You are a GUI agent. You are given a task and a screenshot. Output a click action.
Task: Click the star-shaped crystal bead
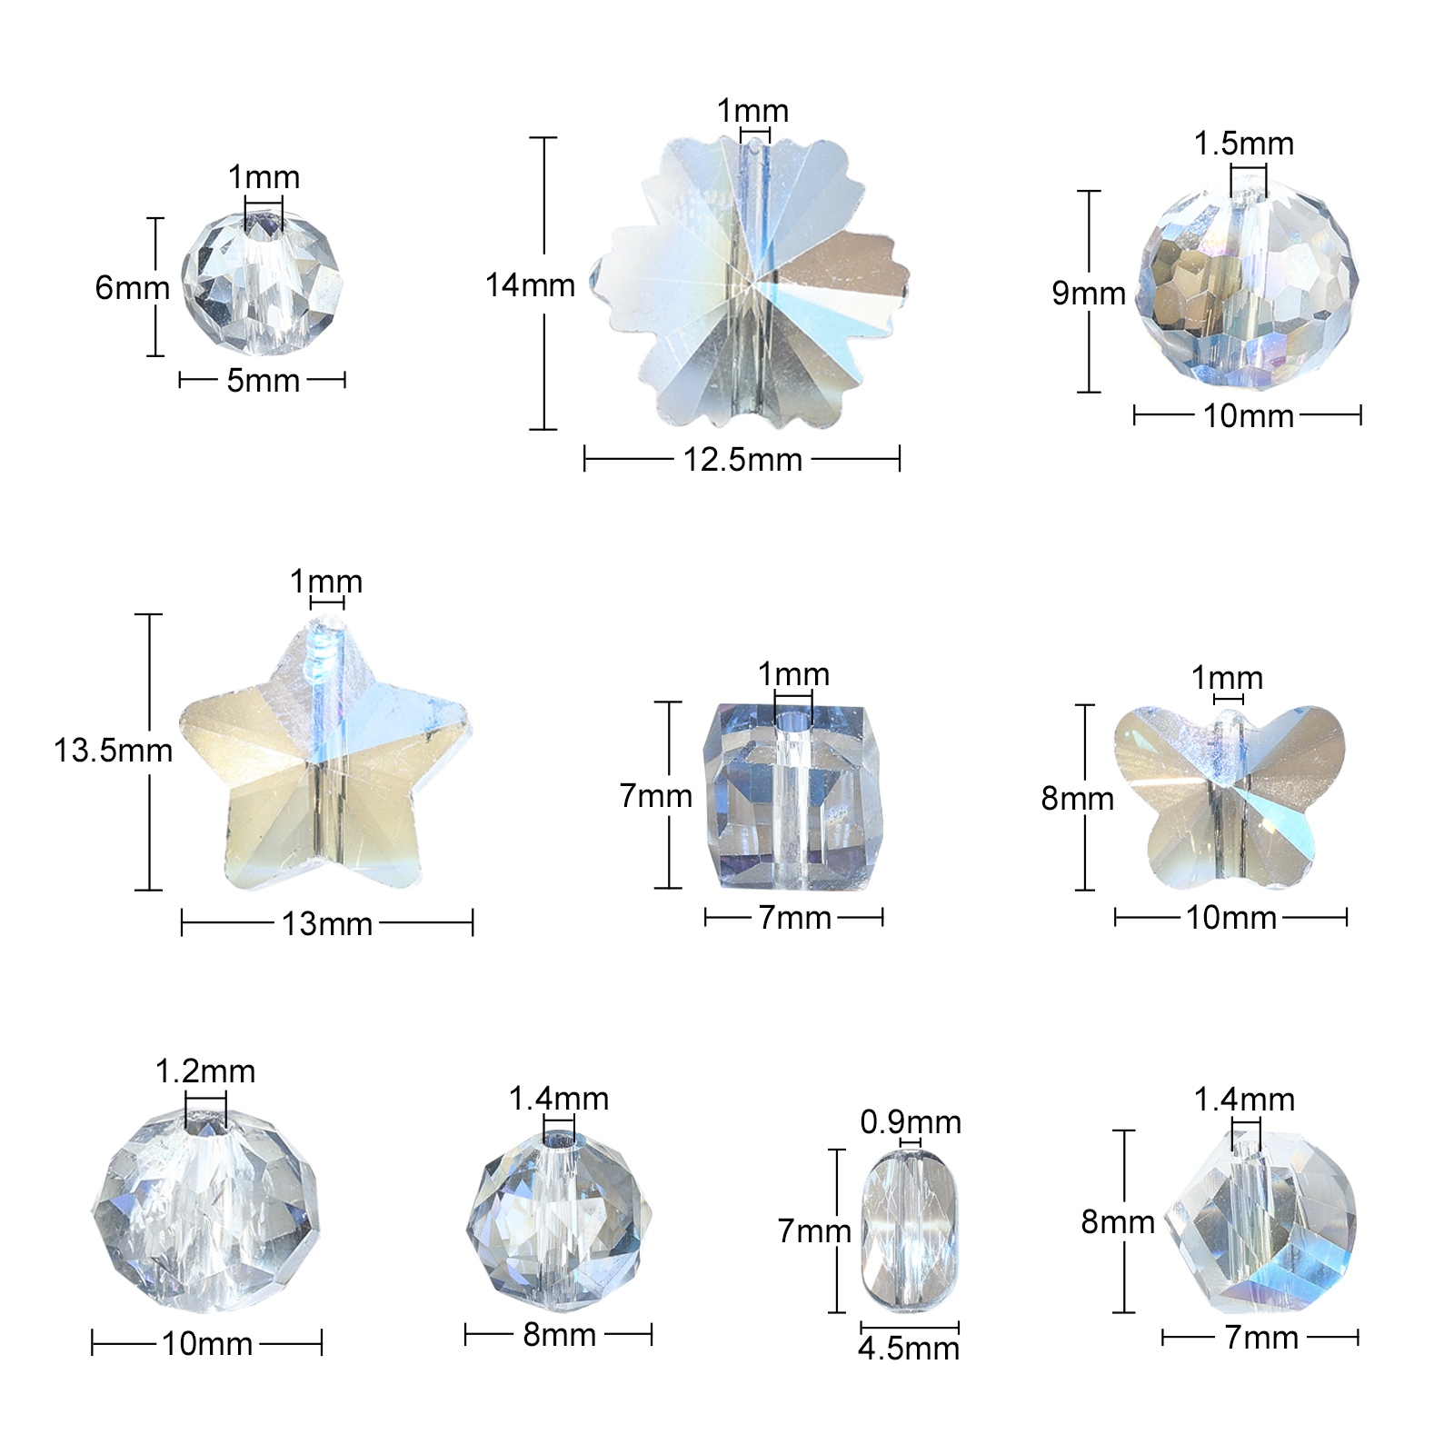(x=325, y=754)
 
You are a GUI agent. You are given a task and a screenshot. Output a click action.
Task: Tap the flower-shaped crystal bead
(x=751, y=284)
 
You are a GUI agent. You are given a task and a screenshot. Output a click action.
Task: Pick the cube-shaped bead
(x=793, y=795)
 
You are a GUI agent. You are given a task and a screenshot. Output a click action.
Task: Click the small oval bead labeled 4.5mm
(x=909, y=1230)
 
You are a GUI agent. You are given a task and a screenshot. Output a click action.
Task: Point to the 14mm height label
(x=530, y=285)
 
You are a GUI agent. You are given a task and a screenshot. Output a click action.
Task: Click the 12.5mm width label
(x=742, y=460)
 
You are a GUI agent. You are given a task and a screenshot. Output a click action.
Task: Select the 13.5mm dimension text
(x=113, y=751)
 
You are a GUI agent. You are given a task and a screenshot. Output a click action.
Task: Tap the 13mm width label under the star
(x=327, y=924)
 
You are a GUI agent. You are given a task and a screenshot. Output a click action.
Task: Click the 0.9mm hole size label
(x=911, y=1122)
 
